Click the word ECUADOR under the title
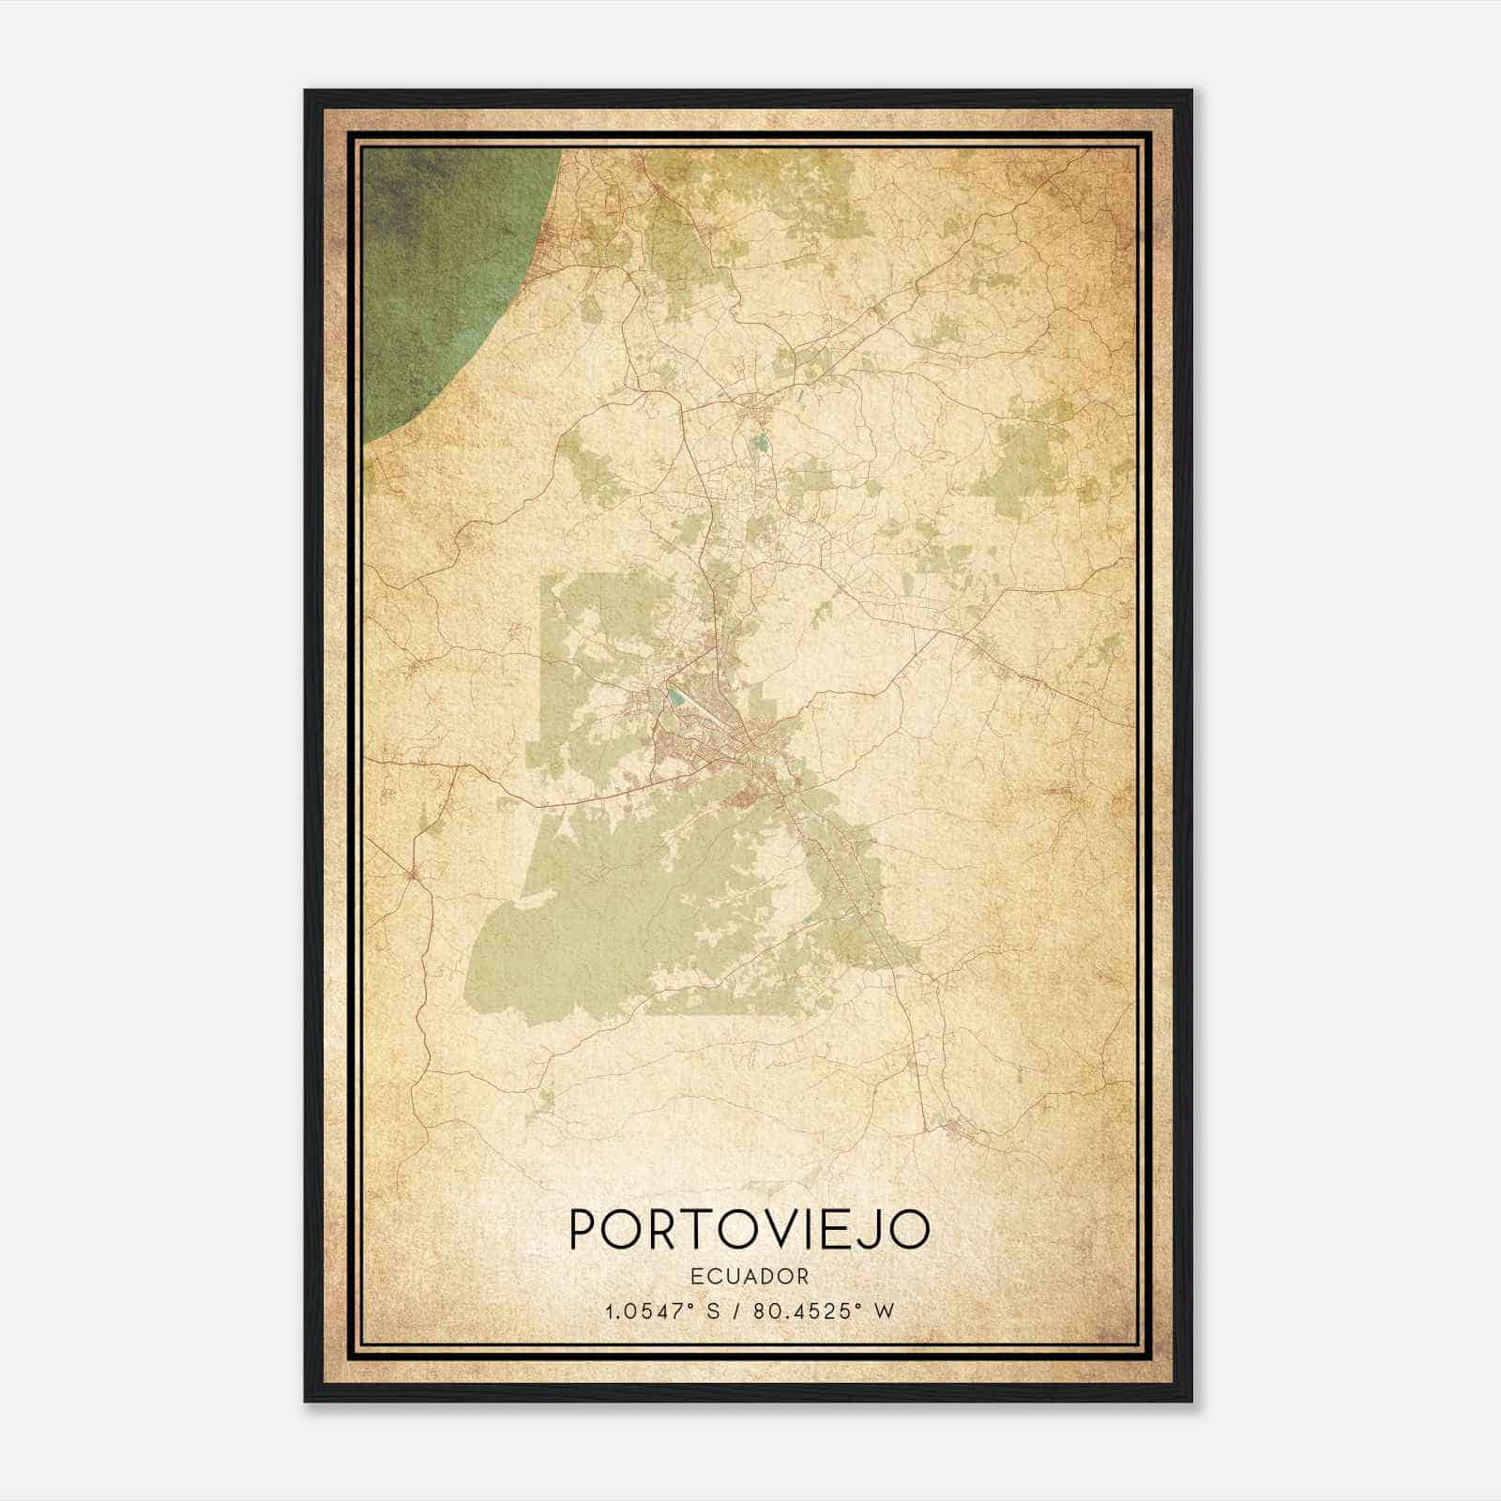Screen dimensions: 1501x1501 click(750, 1276)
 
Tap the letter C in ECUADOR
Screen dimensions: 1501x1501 click(717, 1276)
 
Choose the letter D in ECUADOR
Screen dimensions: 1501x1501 click(766, 1276)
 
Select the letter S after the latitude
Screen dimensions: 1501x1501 click(713, 1310)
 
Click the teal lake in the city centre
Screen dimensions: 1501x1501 click(675, 697)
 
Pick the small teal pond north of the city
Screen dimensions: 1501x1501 click(761, 441)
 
